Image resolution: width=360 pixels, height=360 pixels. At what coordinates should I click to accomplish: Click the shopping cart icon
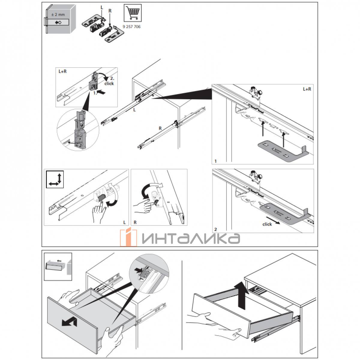[x=133, y=13]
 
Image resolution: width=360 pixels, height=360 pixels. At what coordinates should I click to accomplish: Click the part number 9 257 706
[x=131, y=27]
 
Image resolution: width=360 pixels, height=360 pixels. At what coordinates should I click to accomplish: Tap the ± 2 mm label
[x=58, y=15]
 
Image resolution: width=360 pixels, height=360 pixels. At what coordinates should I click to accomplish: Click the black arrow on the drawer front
[x=69, y=322]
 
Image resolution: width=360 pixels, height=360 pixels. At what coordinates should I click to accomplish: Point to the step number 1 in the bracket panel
[x=216, y=161]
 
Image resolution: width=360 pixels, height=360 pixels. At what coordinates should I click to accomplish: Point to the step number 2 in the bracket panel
[x=216, y=229]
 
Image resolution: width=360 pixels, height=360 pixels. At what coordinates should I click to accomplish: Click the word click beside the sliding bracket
[x=267, y=224]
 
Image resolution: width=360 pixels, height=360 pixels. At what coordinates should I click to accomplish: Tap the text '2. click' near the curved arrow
[x=109, y=81]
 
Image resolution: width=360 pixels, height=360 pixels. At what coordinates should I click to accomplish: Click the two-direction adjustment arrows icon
[x=55, y=179]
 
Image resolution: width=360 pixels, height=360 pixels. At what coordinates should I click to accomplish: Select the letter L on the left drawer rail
[x=134, y=110]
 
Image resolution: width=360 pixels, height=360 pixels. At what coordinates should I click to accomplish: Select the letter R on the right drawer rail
[x=160, y=128]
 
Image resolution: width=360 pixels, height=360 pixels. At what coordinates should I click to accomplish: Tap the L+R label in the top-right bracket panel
[x=307, y=89]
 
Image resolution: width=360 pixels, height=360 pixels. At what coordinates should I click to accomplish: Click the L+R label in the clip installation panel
[x=63, y=71]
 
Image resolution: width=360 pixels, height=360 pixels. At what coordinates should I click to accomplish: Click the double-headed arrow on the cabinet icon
[x=58, y=22]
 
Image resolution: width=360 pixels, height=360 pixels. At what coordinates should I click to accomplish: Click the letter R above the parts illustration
[x=110, y=11]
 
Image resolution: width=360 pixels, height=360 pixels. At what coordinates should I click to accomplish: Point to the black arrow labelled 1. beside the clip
[x=101, y=91]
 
